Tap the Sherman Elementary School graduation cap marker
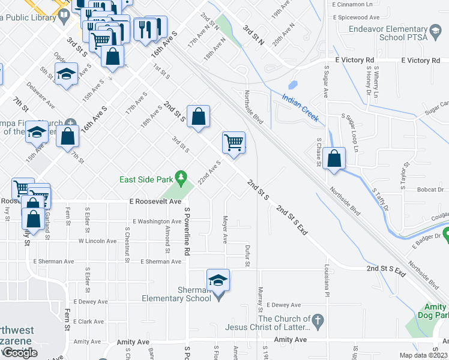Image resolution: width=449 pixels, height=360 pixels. coord(218,280)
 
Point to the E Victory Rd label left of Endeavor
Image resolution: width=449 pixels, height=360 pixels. coord(355,61)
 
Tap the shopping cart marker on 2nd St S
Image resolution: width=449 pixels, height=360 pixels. coord(234,143)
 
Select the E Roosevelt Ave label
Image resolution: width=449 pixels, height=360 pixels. coord(154,202)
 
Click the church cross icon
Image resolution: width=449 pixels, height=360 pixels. coord(318,323)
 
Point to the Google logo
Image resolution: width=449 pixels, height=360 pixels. coord(19,353)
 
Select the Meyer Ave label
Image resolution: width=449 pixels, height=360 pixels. coord(225,229)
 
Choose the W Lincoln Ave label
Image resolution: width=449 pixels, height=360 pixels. coord(97,241)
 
